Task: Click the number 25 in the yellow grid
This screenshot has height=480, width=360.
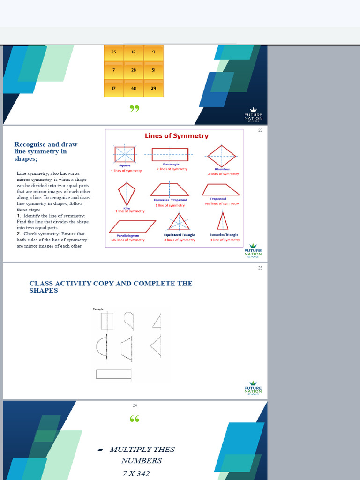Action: [113, 52]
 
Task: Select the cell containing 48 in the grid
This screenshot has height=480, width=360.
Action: [134, 88]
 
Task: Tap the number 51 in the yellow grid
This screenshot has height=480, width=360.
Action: [153, 70]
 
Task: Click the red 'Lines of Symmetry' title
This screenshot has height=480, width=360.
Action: [176, 136]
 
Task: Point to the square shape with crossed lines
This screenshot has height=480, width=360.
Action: [125, 154]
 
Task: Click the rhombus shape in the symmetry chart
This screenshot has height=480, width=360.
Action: [222, 156]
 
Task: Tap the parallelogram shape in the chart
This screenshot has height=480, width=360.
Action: [132, 226]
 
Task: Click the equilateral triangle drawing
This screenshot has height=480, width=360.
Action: [179, 221]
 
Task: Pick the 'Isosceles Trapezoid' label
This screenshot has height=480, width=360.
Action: [170, 200]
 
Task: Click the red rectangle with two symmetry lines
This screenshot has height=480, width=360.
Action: [170, 154]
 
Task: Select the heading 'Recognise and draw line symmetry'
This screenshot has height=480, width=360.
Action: [46, 151]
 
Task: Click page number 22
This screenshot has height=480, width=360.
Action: [260, 131]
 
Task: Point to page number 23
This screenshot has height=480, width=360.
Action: [260, 268]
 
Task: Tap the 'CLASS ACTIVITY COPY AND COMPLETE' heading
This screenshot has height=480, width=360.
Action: [111, 287]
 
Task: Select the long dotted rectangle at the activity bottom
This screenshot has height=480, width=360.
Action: [113, 374]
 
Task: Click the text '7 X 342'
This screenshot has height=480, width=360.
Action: [136, 473]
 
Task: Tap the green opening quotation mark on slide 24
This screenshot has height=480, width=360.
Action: [135, 419]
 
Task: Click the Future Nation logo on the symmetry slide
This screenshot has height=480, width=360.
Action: [253, 251]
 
